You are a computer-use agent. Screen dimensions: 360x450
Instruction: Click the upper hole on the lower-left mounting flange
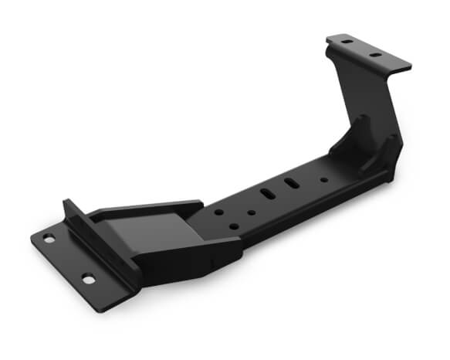click(49, 239)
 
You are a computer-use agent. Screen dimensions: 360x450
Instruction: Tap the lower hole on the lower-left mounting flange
click(87, 279)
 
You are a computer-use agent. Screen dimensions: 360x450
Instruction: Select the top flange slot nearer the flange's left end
click(347, 41)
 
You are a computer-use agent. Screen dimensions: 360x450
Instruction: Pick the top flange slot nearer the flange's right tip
click(375, 56)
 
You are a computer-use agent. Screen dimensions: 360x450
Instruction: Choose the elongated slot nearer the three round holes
click(267, 194)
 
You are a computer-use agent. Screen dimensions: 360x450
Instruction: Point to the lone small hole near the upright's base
click(323, 179)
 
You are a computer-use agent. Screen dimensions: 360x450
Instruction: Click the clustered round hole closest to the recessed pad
click(220, 211)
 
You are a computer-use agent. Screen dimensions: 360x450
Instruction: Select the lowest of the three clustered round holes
click(234, 227)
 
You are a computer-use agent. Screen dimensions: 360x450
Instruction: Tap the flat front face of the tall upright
click(363, 93)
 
